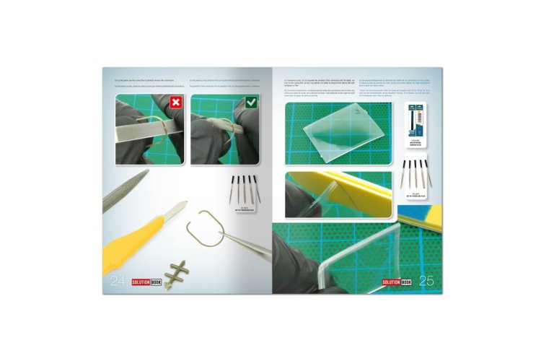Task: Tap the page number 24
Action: [118, 282]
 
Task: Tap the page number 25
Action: [426, 282]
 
